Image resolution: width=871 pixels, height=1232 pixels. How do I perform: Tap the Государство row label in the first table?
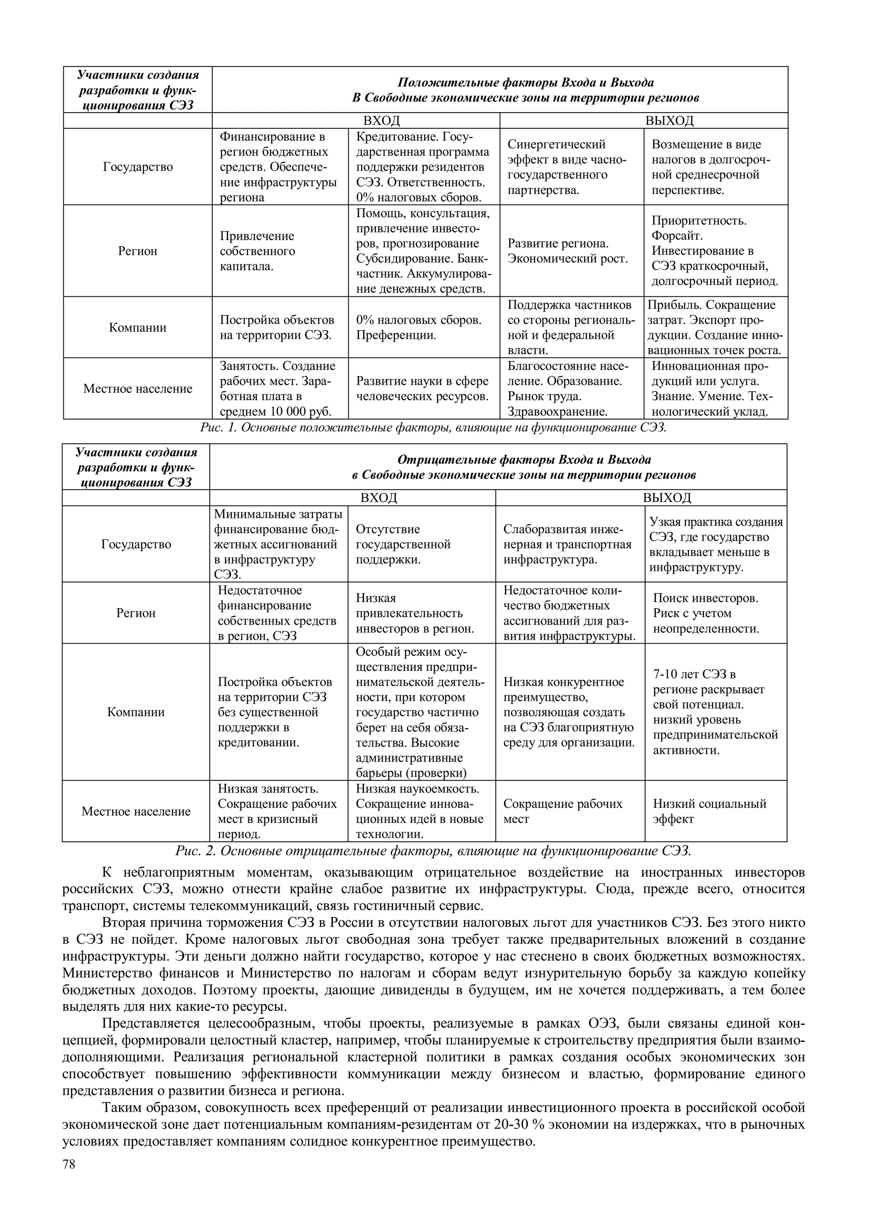click(138, 167)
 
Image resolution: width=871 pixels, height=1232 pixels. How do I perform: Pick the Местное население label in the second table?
click(136, 811)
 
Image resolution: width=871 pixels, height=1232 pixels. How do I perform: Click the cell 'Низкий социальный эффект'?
click(709, 811)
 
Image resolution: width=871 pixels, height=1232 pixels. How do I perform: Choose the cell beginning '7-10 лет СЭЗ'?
click(715, 712)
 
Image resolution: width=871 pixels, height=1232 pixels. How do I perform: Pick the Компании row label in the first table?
click(138, 327)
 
